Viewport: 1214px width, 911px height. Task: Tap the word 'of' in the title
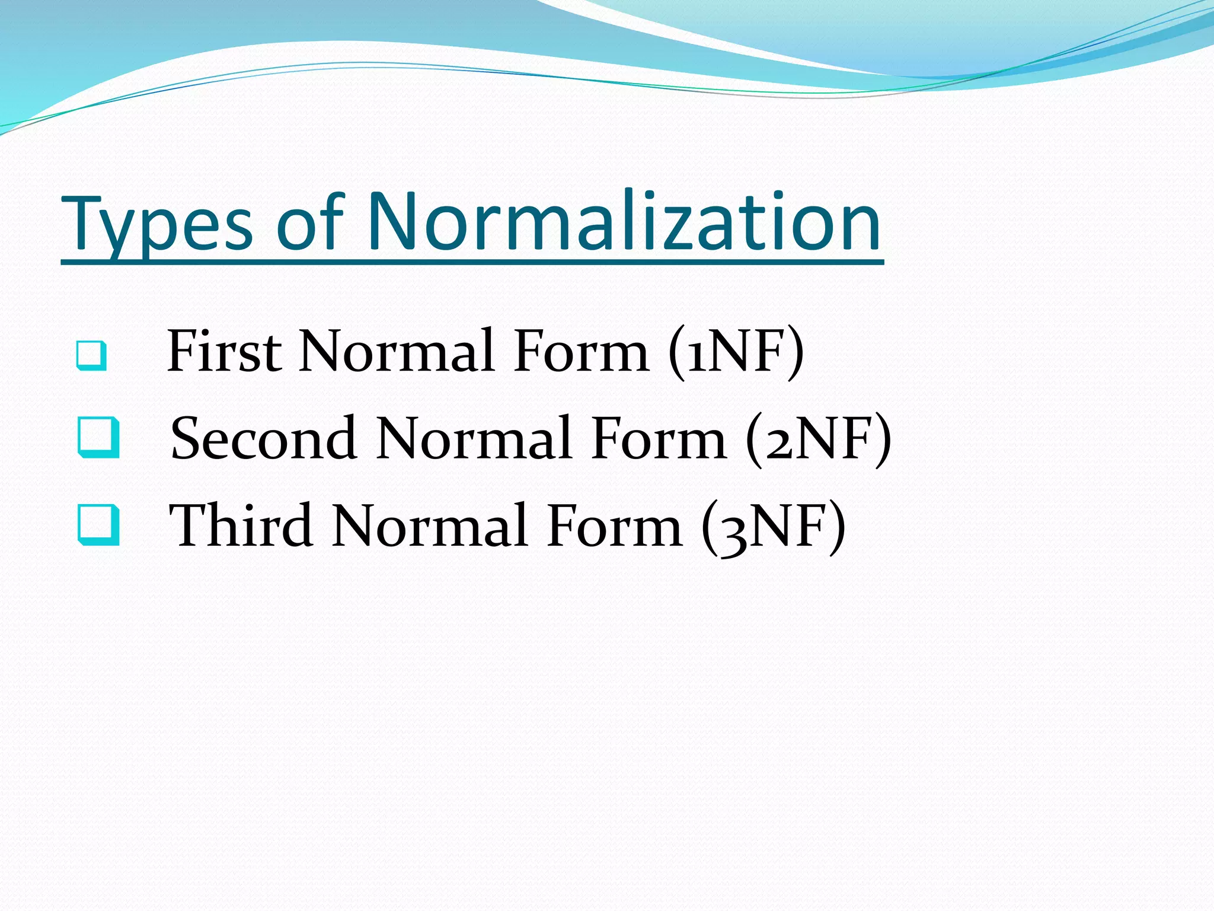pos(310,224)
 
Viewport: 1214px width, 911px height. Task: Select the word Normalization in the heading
pos(624,222)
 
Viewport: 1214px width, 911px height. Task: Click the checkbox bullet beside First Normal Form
pos(92,356)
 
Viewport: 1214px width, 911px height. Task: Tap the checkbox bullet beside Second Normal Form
pos(98,438)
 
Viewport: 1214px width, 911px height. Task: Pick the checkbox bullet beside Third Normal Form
pos(98,525)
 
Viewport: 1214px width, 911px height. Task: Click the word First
pos(224,351)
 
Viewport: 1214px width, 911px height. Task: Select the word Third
pos(241,525)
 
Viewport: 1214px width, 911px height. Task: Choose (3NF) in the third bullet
pos(773,527)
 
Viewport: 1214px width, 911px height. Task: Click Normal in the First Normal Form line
pos(397,351)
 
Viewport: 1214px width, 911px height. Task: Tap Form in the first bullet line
pos(582,351)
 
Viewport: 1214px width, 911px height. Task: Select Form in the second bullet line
pos(659,439)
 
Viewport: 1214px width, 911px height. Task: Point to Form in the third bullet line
pos(614,525)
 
